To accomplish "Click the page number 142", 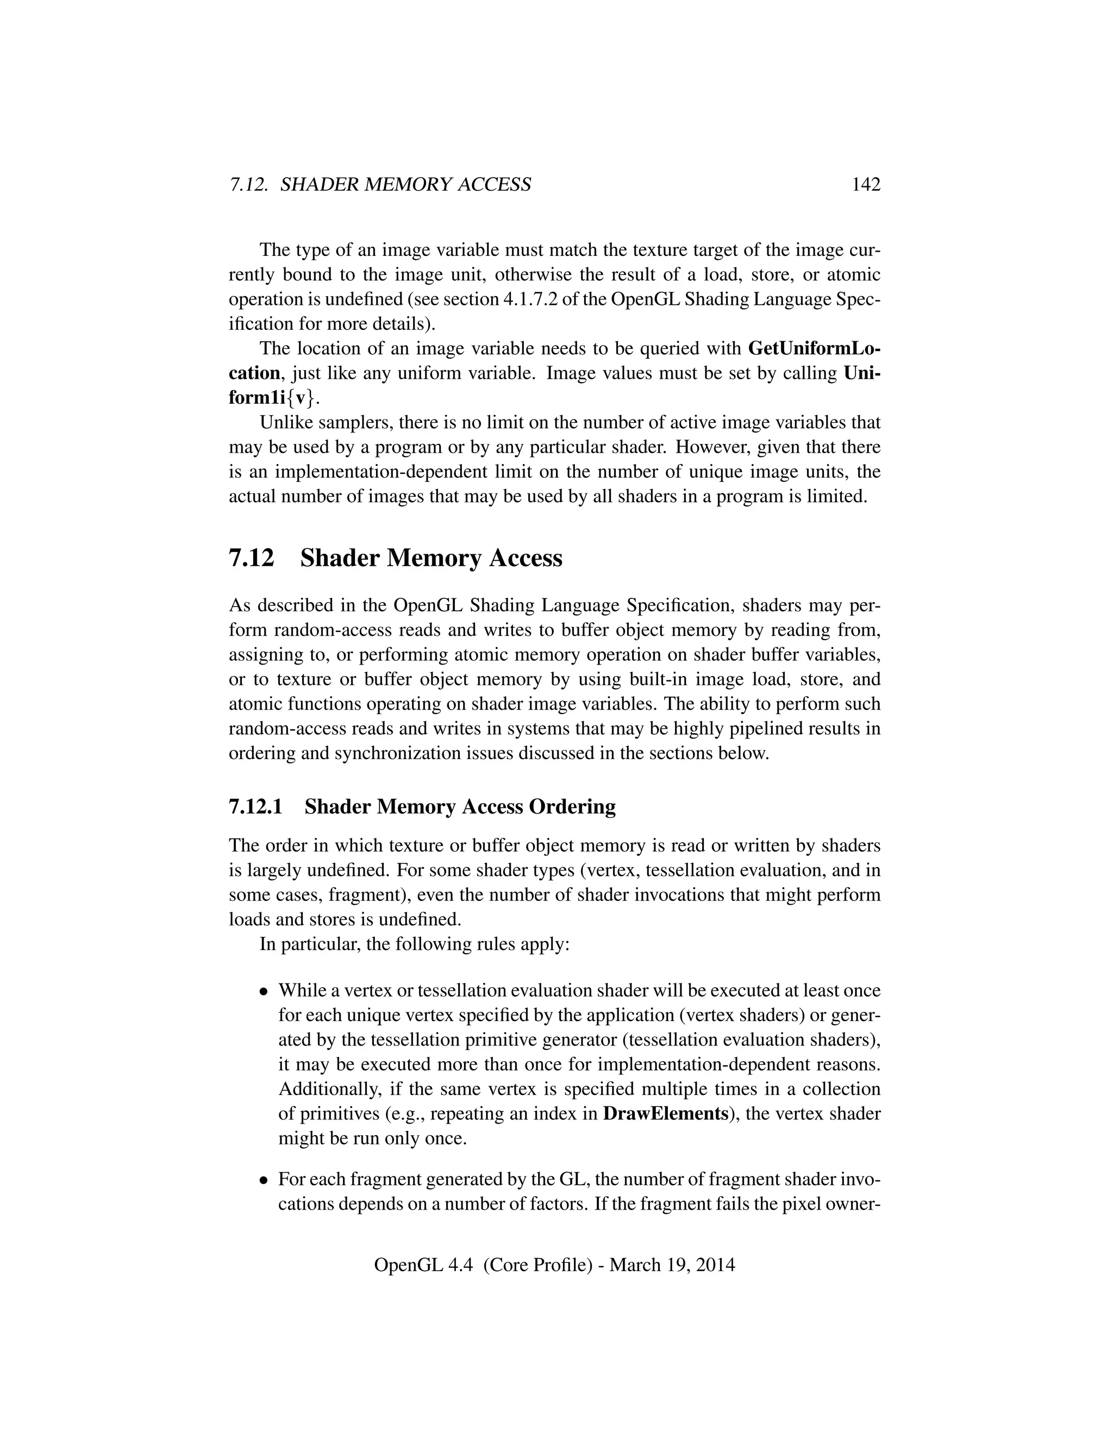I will click(866, 185).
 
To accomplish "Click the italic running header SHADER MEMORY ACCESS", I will click(405, 185).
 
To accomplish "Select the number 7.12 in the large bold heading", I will click(251, 559).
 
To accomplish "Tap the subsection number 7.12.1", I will click(255, 806).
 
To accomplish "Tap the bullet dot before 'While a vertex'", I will click(264, 992).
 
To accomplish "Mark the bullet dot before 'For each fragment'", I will click(264, 1180).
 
